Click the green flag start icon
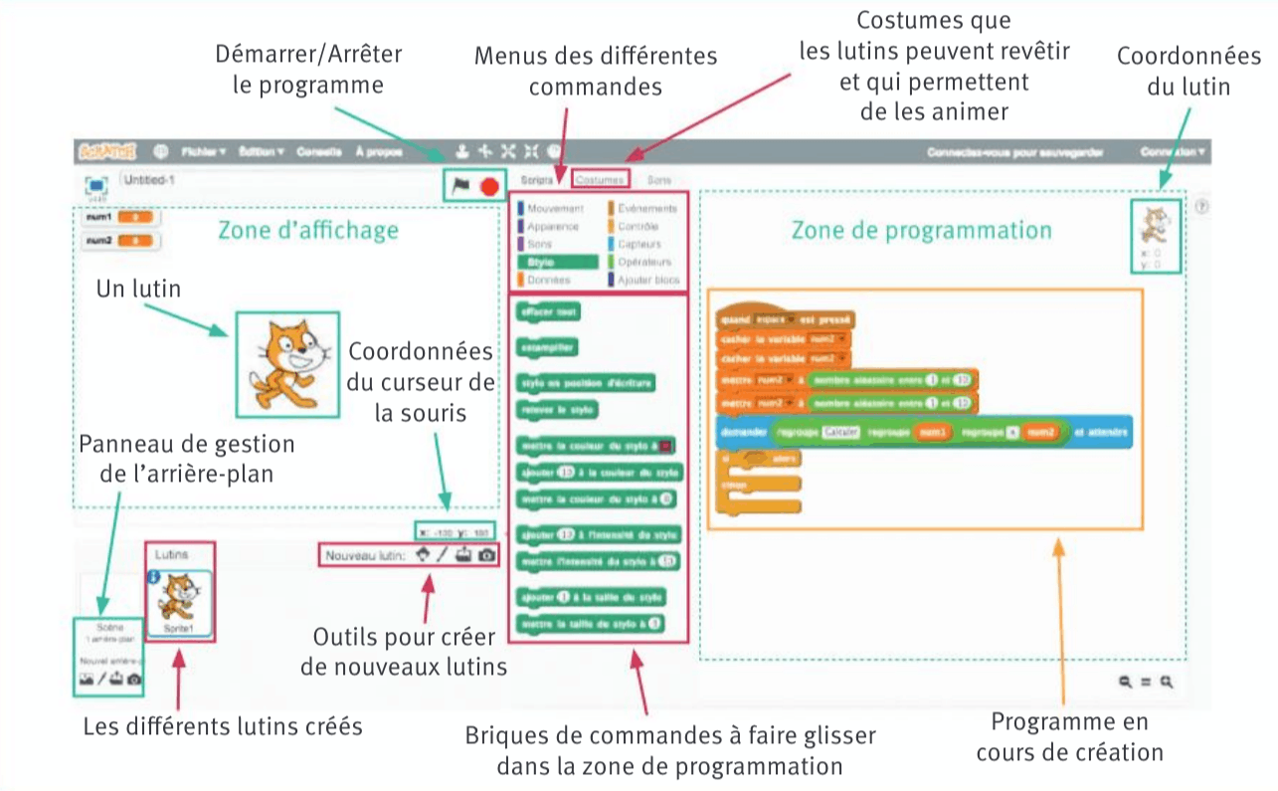[x=460, y=185]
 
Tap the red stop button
[x=488, y=186]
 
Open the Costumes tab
[x=601, y=180]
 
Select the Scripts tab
[x=538, y=180]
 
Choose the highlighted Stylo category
[x=557, y=262]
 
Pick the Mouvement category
[x=554, y=209]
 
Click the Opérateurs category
[x=643, y=262]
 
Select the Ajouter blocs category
[x=646, y=280]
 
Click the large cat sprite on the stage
[x=286, y=363]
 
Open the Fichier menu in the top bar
[x=204, y=151]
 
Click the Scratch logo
[x=108, y=151]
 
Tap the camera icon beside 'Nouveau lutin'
[x=486, y=555]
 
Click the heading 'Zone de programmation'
[x=921, y=230]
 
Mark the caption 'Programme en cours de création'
[x=1068, y=737]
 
